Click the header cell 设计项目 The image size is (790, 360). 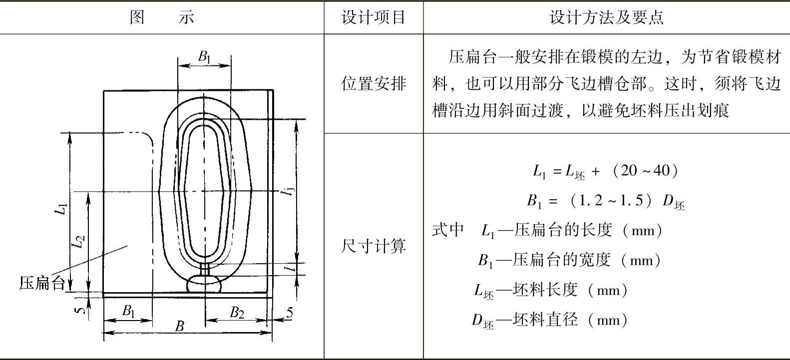click(373, 17)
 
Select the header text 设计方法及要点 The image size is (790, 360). click(606, 17)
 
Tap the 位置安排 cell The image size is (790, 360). click(373, 83)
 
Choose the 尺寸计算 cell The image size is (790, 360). click(373, 246)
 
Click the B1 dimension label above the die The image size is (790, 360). click(204, 56)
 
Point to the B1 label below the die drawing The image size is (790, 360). click(128, 312)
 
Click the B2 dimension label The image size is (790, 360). click(237, 313)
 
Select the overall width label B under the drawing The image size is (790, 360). click(179, 327)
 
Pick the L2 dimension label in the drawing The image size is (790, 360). click(78, 242)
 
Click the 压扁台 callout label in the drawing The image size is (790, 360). click(42, 283)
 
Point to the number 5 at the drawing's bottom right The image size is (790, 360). click(289, 313)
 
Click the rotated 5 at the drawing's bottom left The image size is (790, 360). click(79, 310)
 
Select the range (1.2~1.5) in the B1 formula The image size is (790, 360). click(610, 201)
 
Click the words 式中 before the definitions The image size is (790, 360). click(448, 230)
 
